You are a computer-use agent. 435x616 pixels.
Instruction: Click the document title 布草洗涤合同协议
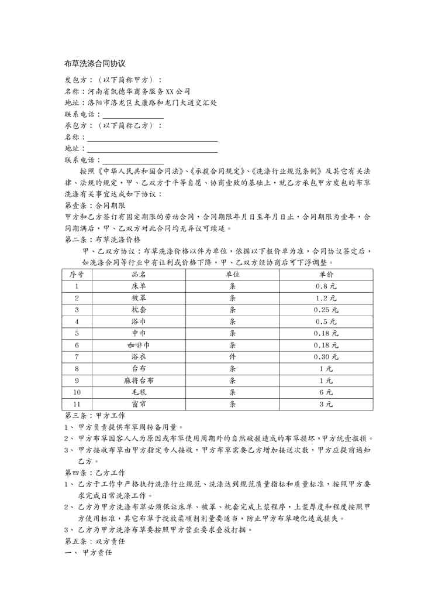tap(95, 63)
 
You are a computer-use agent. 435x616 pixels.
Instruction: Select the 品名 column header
tap(139, 274)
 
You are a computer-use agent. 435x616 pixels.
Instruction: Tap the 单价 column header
tap(326, 274)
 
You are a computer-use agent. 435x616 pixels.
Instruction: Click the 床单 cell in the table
tap(139, 286)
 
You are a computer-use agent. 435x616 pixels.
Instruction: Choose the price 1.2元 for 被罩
tap(326, 298)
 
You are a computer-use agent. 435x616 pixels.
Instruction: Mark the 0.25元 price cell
tap(326, 310)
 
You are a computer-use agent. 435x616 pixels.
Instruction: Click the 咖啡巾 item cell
tap(139, 345)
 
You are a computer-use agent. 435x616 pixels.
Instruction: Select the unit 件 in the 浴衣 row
tap(233, 357)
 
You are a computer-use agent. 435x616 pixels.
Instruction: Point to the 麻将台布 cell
tap(139, 380)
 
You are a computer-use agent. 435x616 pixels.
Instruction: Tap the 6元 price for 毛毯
tap(326, 392)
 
